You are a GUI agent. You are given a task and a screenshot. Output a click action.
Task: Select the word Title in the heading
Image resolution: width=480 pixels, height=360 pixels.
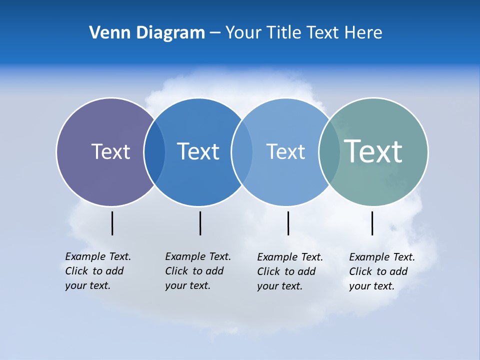click(283, 33)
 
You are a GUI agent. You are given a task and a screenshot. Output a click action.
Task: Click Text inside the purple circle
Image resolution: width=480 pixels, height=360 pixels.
click(110, 151)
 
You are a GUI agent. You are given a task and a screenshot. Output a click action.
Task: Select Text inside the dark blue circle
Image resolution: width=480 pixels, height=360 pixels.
click(198, 151)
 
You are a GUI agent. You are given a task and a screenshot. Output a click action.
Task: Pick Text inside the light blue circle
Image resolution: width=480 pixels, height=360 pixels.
click(285, 151)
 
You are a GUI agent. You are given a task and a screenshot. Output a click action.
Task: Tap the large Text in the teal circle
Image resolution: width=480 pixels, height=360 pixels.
click(373, 151)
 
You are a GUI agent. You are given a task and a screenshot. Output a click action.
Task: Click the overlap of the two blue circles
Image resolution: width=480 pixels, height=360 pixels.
click(242, 152)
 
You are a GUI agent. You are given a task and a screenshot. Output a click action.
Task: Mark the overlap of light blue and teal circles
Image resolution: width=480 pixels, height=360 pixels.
click(328, 152)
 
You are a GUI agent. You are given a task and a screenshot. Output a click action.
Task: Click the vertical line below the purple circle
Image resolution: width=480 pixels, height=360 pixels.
click(112, 223)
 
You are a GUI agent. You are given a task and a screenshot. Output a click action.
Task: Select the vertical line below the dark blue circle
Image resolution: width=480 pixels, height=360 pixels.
click(200, 223)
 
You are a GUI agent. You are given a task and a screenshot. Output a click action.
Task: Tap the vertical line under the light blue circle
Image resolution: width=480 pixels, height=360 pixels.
click(288, 223)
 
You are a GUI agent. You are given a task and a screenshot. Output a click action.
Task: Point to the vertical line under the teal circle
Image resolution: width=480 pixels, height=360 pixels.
click(372, 223)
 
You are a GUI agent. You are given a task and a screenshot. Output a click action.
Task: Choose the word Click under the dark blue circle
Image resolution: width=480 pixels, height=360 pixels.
click(176, 271)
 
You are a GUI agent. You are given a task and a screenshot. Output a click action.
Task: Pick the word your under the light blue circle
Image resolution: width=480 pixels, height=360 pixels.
click(266, 286)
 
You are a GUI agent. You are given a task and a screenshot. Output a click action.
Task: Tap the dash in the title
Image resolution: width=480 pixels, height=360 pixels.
click(215, 33)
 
